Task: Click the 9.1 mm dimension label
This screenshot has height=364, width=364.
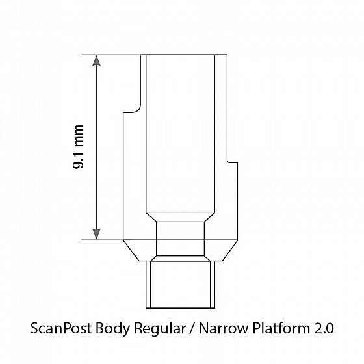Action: pos(78,147)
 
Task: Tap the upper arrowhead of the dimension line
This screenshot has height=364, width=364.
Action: pos(96,60)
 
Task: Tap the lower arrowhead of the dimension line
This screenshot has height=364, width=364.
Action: pos(96,234)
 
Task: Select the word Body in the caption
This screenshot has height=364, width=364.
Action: pos(113,329)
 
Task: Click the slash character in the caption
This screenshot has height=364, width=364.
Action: pos(192,329)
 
